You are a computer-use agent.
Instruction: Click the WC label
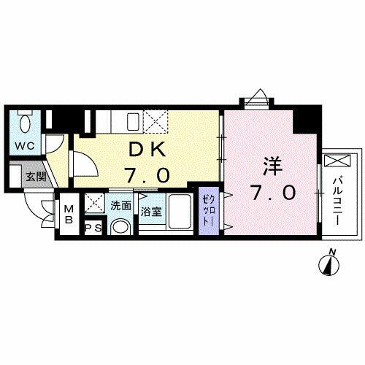(25, 146)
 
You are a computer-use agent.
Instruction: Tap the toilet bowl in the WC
(25, 124)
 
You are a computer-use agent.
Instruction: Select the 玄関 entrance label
(36, 177)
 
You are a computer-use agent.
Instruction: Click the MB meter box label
(69, 215)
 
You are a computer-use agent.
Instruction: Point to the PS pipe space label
(93, 228)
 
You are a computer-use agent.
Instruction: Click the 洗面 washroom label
(121, 206)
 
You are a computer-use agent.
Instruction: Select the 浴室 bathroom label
(152, 212)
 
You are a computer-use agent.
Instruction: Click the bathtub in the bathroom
(180, 211)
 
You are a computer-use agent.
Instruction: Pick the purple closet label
(208, 210)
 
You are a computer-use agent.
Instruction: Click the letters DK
(147, 149)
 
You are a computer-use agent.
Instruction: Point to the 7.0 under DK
(147, 174)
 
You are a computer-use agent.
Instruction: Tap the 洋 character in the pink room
(273, 166)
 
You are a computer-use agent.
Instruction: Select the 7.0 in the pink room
(274, 193)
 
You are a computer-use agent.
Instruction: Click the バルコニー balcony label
(337, 201)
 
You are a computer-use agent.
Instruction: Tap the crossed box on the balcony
(338, 161)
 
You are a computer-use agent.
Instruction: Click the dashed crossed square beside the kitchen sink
(155, 121)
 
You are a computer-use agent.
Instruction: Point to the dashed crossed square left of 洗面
(95, 203)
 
